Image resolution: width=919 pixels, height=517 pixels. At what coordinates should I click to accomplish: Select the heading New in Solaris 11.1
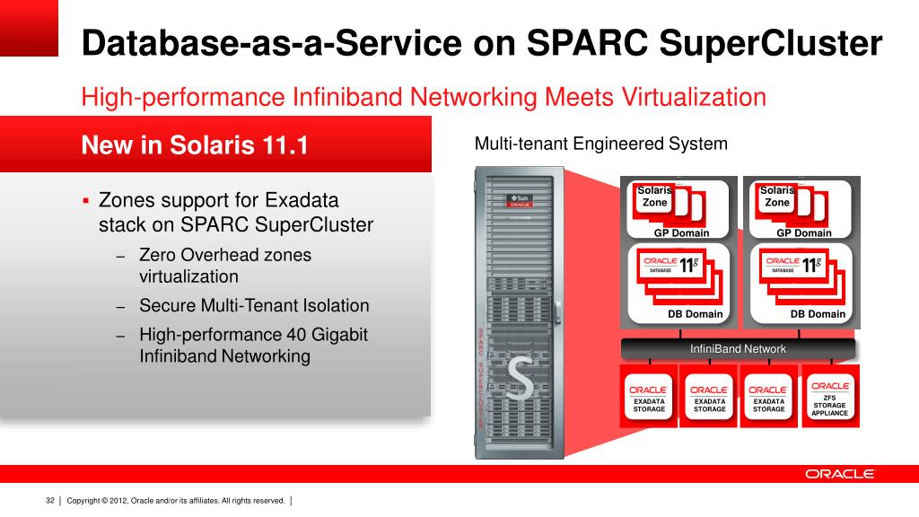click(x=195, y=145)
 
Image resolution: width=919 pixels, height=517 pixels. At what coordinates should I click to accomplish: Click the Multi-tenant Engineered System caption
click(x=600, y=144)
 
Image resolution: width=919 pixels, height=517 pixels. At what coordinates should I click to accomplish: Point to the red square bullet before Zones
click(x=86, y=200)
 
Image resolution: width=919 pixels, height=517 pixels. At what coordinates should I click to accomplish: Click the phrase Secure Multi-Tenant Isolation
click(x=254, y=305)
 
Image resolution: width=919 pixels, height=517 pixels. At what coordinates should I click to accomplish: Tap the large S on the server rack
click(x=520, y=381)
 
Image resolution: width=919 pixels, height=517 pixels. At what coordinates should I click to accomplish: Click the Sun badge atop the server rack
click(x=520, y=199)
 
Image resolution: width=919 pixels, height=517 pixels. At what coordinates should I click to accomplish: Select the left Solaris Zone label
click(x=654, y=197)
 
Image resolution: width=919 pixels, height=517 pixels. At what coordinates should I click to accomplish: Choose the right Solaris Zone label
click(x=777, y=197)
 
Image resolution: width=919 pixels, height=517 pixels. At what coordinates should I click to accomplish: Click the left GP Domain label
click(x=681, y=233)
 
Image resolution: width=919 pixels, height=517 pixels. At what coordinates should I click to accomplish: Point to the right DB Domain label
click(x=818, y=314)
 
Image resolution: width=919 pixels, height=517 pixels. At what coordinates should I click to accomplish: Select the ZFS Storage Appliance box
click(x=829, y=399)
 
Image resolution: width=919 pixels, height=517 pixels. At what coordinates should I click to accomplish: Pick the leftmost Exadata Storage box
click(x=649, y=396)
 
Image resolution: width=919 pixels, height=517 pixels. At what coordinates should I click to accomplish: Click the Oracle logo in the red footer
click(x=839, y=474)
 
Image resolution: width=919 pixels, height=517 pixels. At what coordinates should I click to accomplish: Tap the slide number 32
click(x=50, y=500)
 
